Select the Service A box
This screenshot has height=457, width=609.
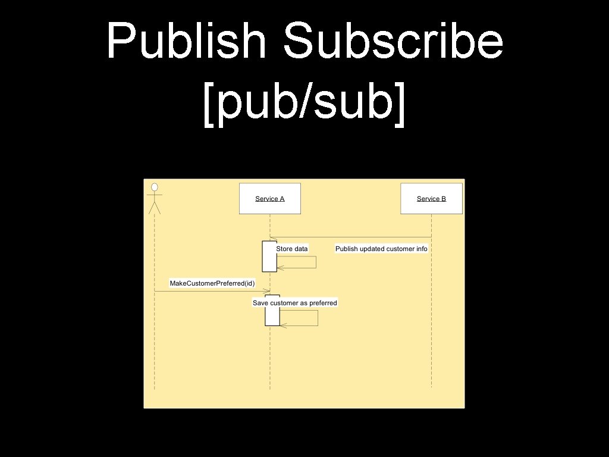270,199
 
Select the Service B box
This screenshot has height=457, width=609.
431,199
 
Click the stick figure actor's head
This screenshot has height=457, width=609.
155,187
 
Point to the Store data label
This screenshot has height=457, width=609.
292,248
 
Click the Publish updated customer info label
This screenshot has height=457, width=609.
381,249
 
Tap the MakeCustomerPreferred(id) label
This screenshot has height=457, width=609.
212,283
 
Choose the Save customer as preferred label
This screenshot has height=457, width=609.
295,303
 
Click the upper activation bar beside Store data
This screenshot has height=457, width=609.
269,256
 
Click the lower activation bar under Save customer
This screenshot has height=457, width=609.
272,311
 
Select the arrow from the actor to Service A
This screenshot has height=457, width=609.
211,291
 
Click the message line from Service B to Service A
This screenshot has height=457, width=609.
351,236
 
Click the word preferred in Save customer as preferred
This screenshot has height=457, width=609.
323,303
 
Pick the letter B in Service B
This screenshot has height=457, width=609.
443,199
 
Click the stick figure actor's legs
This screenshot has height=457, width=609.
155,208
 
